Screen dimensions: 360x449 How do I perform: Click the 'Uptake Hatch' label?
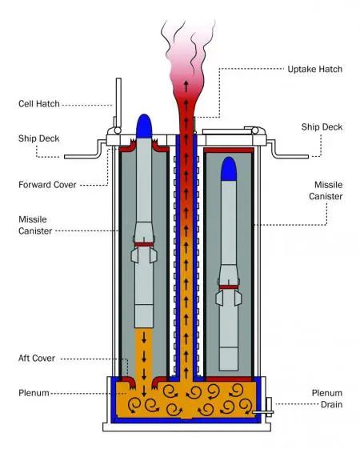(x=314, y=70)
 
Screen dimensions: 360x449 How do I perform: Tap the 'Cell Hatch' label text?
(x=39, y=104)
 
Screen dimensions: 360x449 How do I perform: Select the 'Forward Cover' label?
(x=47, y=185)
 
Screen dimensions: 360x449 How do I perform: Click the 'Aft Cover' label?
(x=37, y=359)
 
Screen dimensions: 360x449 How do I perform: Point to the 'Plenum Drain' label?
(x=327, y=399)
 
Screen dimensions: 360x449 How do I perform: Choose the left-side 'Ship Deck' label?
(x=39, y=138)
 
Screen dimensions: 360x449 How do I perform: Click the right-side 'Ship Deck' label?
(x=322, y=126)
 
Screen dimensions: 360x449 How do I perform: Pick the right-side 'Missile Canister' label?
(x=326, y=190)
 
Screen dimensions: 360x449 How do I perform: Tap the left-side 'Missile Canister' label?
(x=35, y=225)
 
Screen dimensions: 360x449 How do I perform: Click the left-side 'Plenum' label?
(x=34, y=393)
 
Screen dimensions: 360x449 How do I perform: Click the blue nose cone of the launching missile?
(x=144, y=126)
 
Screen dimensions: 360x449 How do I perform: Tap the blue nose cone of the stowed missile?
(x=229, y=169)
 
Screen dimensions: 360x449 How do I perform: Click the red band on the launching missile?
(x=144, y=245)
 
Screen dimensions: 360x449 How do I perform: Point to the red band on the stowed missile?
(x=229, y=287)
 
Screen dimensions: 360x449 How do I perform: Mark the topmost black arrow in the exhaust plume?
(x=186, y=86)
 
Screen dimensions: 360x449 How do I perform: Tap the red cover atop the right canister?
(x=229, y=150)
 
